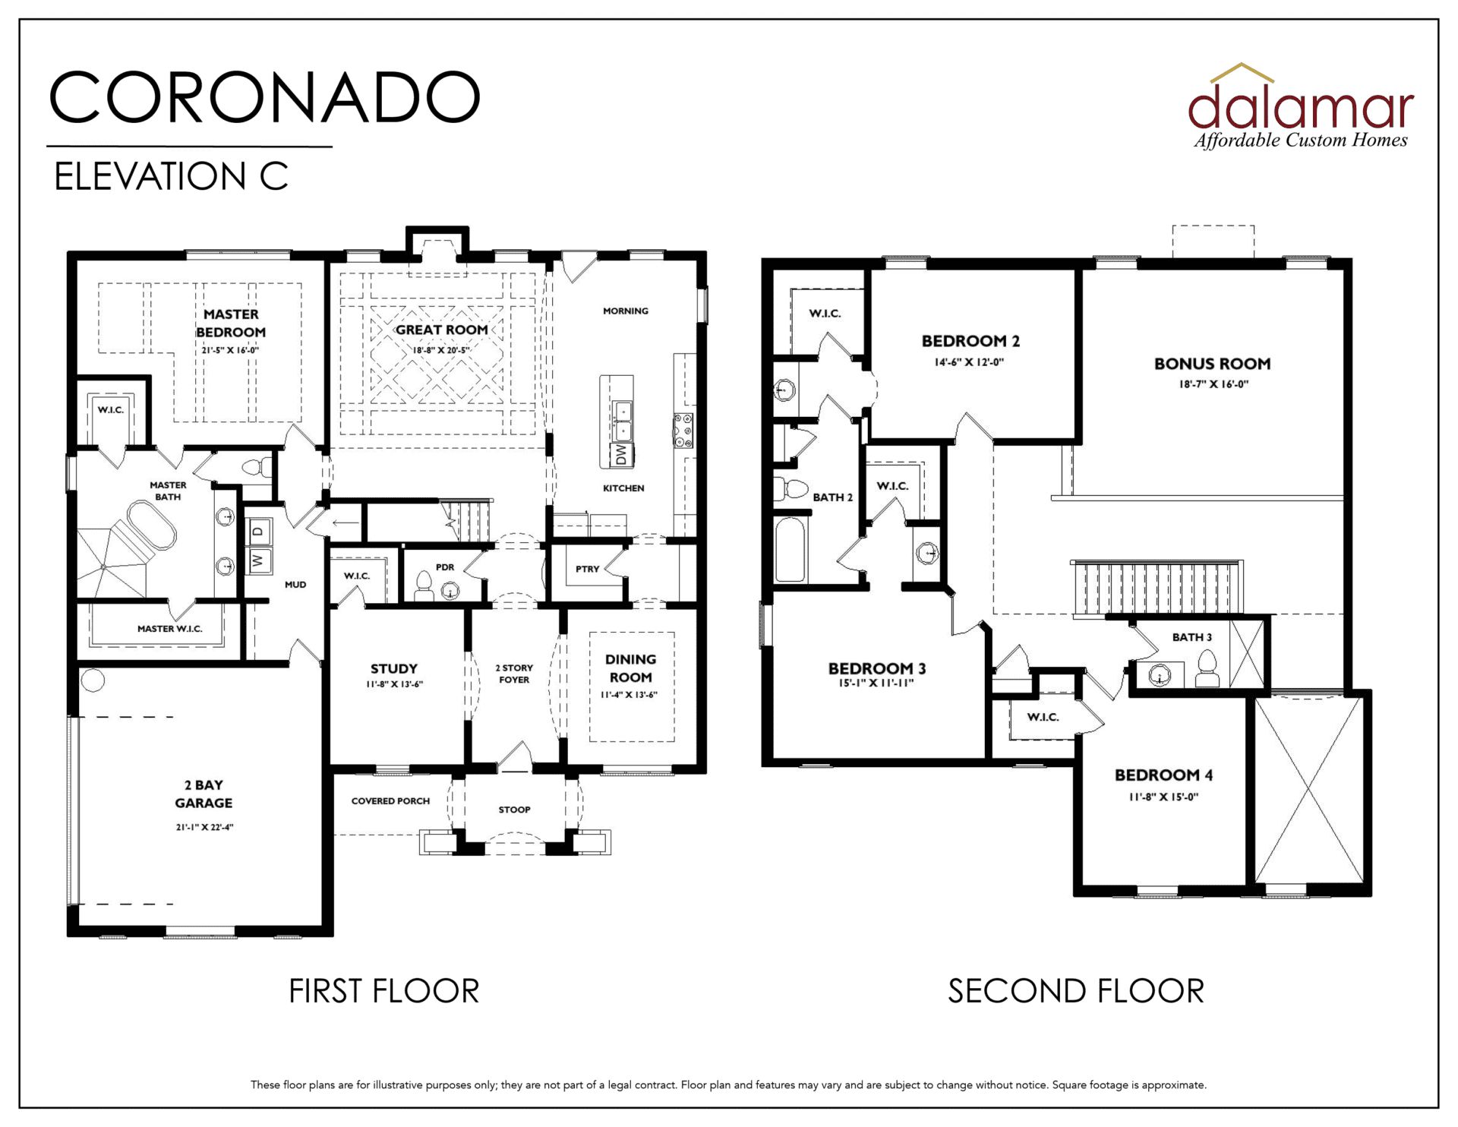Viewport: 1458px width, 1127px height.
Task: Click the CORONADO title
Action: coord(264,97)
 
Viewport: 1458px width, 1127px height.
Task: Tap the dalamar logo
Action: coord(1301,106)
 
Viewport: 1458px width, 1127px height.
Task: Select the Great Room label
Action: coord(442,330)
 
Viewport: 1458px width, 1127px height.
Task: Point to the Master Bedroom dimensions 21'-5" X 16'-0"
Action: coord(230,350)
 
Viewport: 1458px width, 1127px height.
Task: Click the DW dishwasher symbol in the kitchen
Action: coord(622,455)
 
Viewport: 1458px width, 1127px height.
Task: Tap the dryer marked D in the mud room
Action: coord(259,532)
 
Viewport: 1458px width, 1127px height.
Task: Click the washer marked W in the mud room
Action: coord(259,560)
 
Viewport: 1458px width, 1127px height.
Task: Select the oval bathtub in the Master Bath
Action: coord(152,524)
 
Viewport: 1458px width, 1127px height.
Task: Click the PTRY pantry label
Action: coord(587,569)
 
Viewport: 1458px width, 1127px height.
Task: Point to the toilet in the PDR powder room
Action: coord(424,586)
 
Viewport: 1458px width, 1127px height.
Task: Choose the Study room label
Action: coord(394,668)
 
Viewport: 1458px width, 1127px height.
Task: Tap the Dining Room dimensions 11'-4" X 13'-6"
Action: coord(629,695)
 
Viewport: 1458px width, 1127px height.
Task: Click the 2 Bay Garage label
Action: coord(204,794)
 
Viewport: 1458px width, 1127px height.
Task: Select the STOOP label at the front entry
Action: coord(514,810)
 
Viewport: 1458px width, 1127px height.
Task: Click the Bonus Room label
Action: coord(1213,364)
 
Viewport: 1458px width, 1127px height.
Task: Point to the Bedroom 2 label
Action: coord(970,341)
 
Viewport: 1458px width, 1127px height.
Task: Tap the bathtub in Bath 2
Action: coord(790,550)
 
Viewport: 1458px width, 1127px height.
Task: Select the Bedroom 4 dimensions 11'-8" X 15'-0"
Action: coord(1163,797)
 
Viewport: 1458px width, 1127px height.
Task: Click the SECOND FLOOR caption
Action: coord(1076,991)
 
